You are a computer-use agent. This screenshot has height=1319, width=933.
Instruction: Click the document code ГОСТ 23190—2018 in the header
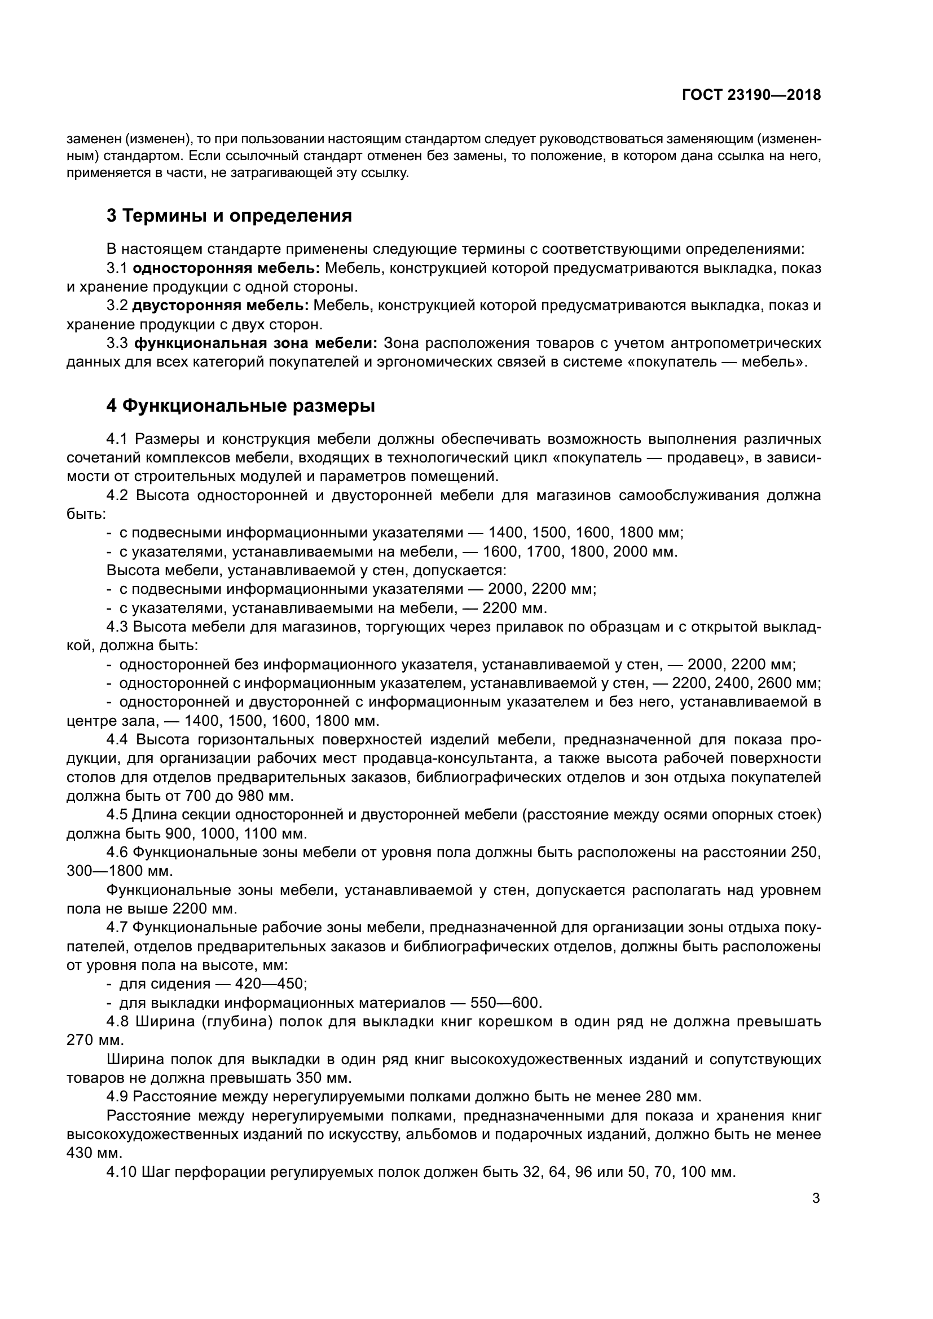tap(751, 95)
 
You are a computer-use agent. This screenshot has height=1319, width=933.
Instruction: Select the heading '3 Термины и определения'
tap(229, 216)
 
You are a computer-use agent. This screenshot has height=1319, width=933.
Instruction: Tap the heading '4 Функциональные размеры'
tap(241, 406)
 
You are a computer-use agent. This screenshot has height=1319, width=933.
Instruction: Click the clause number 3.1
tap(117, 268)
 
